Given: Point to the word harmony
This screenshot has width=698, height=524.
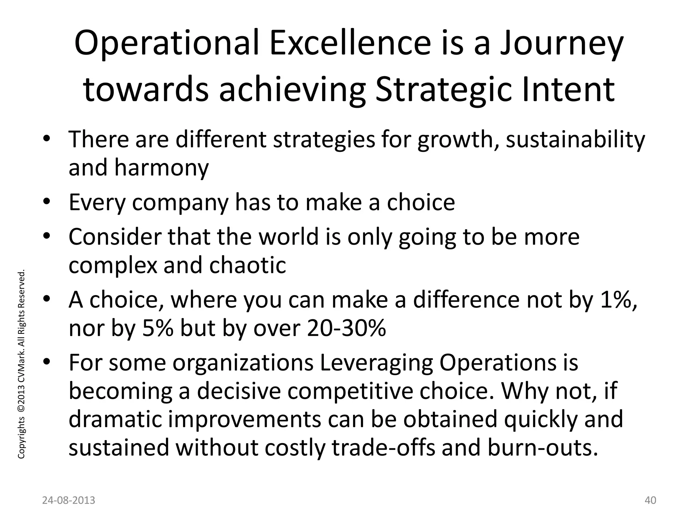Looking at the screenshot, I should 161,168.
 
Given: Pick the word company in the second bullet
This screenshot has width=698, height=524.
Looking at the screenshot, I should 180,203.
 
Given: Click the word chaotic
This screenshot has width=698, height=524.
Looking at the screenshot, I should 247,265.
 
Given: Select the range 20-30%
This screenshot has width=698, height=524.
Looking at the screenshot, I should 346,328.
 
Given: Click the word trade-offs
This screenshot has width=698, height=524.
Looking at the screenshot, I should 383,448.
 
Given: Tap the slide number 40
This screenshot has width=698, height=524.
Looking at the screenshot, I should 651,500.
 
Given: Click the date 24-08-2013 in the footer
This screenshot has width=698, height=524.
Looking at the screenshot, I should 69,500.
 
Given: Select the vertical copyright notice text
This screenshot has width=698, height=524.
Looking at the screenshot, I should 21,364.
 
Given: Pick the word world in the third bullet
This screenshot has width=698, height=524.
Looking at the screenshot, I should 288,237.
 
